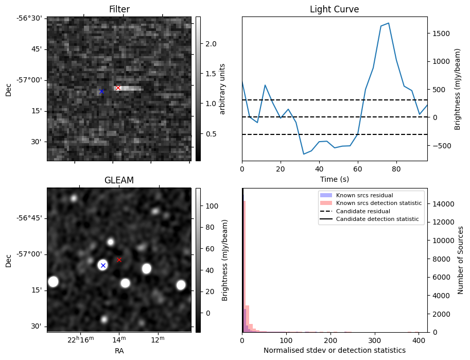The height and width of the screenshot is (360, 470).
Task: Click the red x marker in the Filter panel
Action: point(118,88)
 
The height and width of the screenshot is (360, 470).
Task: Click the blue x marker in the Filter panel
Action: point(101,92)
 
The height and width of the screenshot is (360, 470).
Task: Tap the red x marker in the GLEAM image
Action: point(119,260)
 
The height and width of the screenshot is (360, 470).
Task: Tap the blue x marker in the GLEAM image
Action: point(103,265)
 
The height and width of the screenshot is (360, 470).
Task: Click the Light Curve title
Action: point(334,9)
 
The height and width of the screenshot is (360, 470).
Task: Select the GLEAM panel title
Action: point(119,180)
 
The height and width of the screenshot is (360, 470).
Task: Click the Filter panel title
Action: point(119,9)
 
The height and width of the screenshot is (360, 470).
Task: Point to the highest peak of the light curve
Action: point(388,23)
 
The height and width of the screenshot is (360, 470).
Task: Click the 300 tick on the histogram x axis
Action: point(375,340)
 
